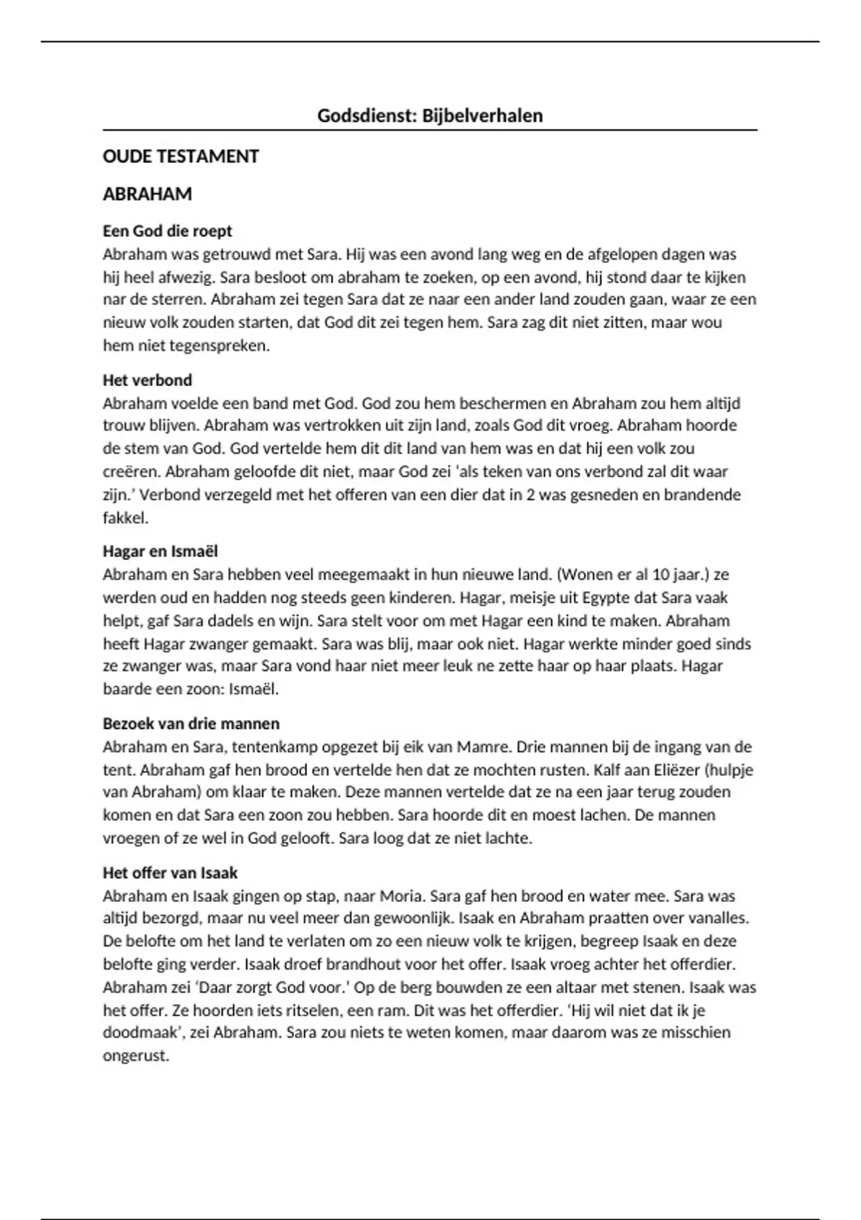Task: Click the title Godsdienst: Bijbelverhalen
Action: pyautogui.click(x=430, y=116)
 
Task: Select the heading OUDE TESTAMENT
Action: pyautogui.click(x=181, y=156)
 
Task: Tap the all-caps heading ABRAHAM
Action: pyautogui.click(x=147, y=194)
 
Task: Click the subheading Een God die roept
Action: pyautogui.click(x=167, y=231)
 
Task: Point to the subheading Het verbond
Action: pyautogui.click(x=147, y=380)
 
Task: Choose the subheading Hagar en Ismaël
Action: pyautogui.click(x=160, y=551)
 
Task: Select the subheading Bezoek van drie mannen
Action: pyautogui.click(x=191, y=723)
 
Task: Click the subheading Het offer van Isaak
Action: pyautogui.click(x=170, y=873)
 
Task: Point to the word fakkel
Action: pyautogui.click(x=125, y=517)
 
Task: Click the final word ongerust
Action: pyautogui.click(x=136, y=1056)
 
